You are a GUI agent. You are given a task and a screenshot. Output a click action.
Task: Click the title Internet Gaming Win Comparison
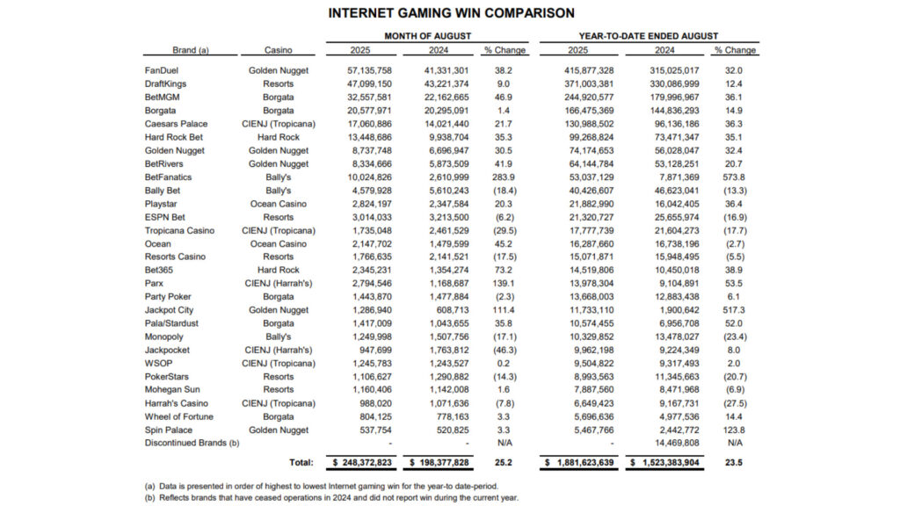tap(451, 13)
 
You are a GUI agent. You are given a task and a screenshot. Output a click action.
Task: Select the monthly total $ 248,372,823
tap(365, 461)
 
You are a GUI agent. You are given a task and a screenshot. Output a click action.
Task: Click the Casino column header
tap(278, 50)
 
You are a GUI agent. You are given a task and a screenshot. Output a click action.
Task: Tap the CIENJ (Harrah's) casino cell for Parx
tap(278, 283)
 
